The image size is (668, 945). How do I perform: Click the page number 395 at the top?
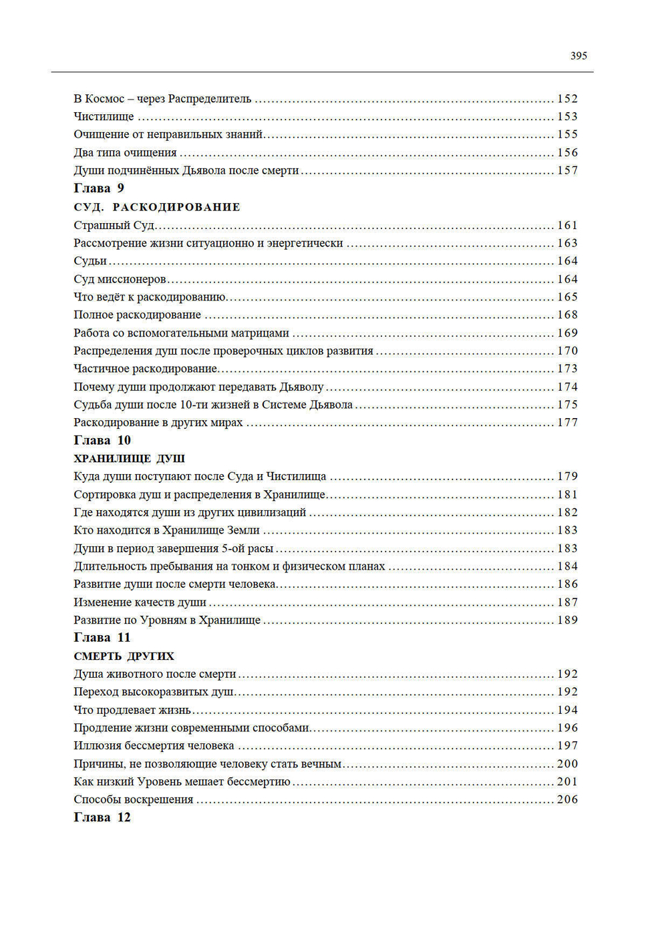coord(578,56)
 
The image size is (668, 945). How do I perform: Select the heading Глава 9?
coord(99,188)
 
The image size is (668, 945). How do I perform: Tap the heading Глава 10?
coord(102,440)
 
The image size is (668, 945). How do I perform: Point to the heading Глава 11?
coord(102,638)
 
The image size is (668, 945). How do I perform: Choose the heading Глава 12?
coord(102,817)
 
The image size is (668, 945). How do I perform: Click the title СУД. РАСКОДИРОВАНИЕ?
coord(157,207)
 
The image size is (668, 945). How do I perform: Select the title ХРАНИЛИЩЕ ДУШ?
coord(130,459)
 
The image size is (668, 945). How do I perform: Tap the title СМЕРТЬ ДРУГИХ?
coord(124,656)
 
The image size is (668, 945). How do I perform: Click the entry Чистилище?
coord(104,117)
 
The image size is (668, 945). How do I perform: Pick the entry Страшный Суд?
coord(114,226)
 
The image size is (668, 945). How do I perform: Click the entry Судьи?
coord(90,261)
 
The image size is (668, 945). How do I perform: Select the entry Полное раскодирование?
coord(137,315)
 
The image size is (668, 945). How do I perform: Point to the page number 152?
coord(567,99)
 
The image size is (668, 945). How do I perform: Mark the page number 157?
coord(567,171)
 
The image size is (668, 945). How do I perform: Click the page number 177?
coord(567,423)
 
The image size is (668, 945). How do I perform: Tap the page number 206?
coord(567,799)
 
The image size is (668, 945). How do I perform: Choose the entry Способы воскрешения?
coord(134,799)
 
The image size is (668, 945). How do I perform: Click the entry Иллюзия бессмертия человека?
coord(154,746)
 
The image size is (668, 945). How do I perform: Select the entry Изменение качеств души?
coord(140,602)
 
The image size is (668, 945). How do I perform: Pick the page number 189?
coord(567,620)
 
